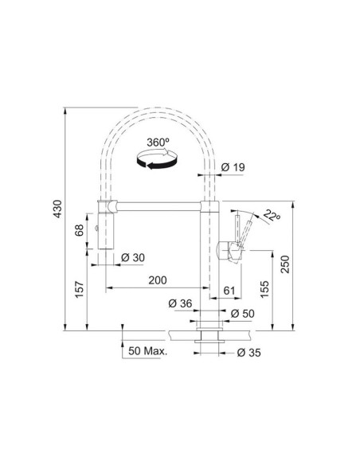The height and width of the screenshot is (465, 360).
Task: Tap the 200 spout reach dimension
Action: click(x=157, y=280)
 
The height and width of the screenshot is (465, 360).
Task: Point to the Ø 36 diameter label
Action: click(x=179, y=303)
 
